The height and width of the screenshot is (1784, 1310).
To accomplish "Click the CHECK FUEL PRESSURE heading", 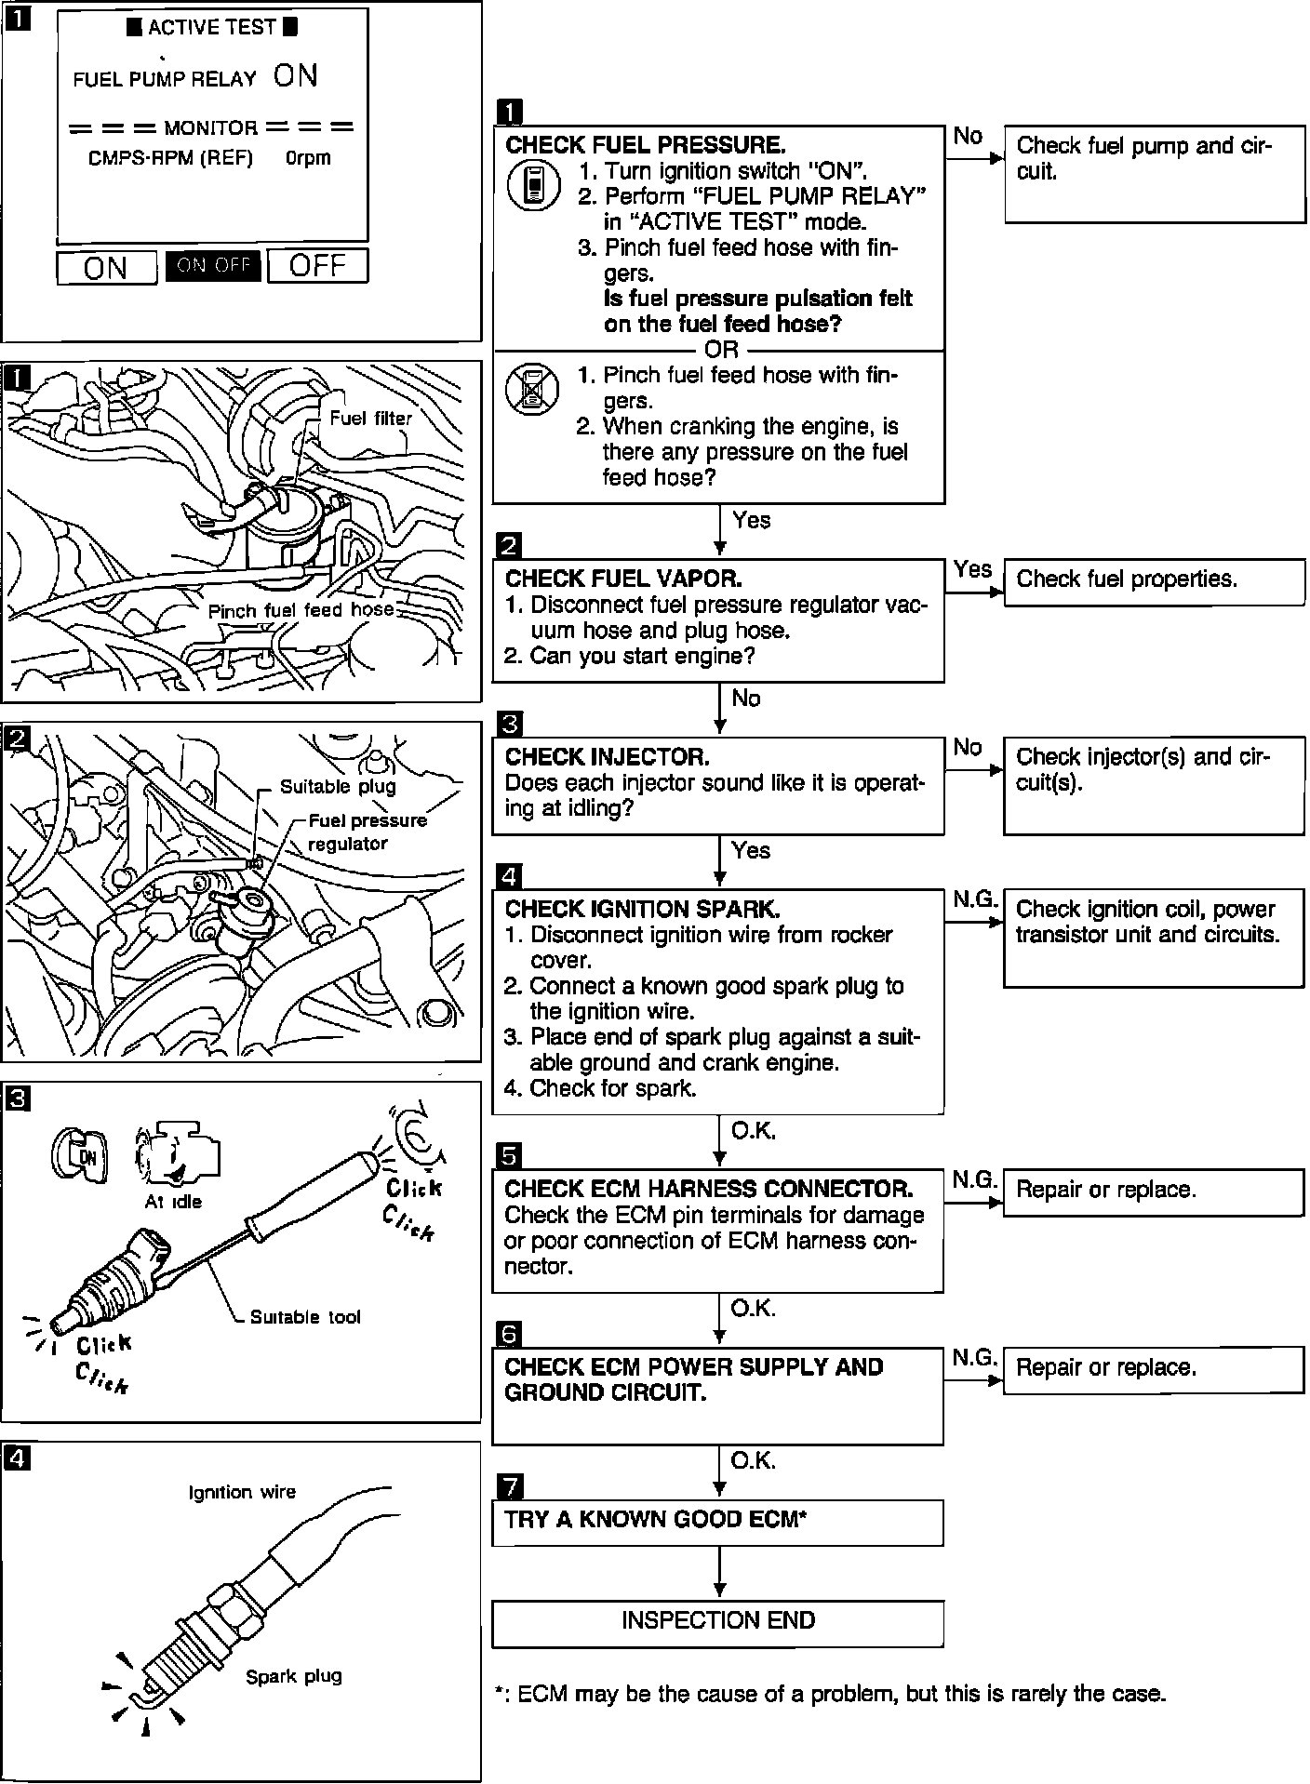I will tap(645, 146).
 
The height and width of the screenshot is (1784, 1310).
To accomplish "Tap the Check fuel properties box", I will tap(1154, 581).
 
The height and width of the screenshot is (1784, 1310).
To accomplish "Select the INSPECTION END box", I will tap(717, 1623).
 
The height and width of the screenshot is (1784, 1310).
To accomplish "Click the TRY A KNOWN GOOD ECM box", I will tap(717, 1523).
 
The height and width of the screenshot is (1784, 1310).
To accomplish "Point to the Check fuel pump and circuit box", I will tap(1154, 174).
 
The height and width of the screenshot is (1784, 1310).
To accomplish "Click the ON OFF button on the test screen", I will tap(213, 266).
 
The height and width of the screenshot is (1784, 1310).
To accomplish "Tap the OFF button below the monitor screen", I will tap(317, 266).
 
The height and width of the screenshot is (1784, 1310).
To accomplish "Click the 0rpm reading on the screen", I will tap(308, 158).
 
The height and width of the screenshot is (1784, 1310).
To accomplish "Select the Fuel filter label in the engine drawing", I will tap(370, 419).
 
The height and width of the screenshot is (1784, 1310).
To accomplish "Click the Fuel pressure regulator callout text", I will tap(367, 832).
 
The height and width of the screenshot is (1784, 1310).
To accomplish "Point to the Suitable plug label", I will tap(338, 787).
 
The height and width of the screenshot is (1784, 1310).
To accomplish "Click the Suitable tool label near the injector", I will tap(305, 1317).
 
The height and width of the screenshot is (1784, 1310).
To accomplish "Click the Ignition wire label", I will tap(242, 1492).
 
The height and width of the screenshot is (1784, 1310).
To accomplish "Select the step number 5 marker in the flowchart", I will tap(510, 1155).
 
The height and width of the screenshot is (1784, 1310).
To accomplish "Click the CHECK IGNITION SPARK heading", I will tap(642, 910).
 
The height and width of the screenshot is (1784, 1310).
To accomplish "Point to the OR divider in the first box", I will tap(721, 350).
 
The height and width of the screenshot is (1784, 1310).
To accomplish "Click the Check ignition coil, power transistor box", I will tap(1154, 938).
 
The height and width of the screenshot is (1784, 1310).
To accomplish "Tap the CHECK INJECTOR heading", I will tap(607, 757).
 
